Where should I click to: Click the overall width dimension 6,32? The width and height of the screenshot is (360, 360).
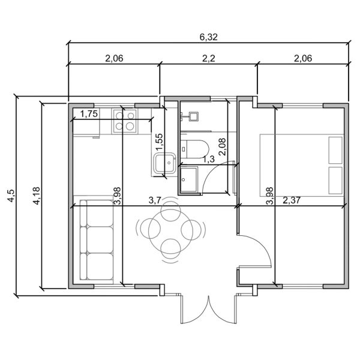(x=208, y=37)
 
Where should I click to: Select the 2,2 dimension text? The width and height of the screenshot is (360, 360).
(x=208, y=58)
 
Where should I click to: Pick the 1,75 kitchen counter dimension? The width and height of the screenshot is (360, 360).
(x=90, y=115)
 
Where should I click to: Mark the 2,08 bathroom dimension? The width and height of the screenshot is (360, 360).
(x=223, y=146)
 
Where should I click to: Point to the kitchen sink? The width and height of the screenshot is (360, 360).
(x=163, y=164)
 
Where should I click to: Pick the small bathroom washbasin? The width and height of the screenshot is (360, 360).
(x=193, y=116)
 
